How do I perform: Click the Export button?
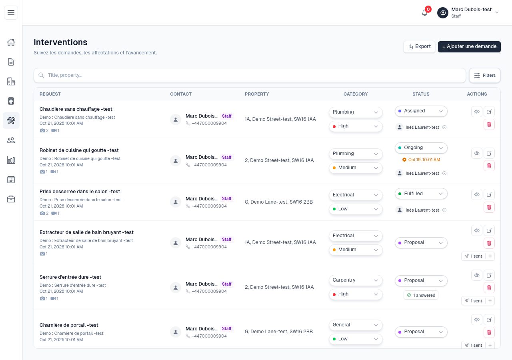pos(419,47)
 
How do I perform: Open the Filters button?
pos(484,76)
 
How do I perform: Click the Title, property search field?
pos(250,76)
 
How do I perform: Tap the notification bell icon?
pos(425,13)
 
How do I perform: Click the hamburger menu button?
pos(11,12)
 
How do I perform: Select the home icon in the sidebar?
pos(11,42)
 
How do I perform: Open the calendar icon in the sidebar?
pos(11,180)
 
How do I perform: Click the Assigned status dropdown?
pos(421,111)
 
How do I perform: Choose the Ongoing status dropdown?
pos(421,148)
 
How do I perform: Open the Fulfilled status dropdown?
pos(421,194)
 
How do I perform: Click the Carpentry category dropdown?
pos(356,280)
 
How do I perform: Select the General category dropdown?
pos(356,325)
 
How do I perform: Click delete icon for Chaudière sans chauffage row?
pos(489,124)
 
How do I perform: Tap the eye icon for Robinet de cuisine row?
pos(476,153)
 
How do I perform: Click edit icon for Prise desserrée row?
pos(489,194)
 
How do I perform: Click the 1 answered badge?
pos(421,295)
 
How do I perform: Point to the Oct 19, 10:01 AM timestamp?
pos(421,160)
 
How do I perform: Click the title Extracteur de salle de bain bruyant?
pos(86,232)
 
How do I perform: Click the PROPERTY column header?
pos(257,94)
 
